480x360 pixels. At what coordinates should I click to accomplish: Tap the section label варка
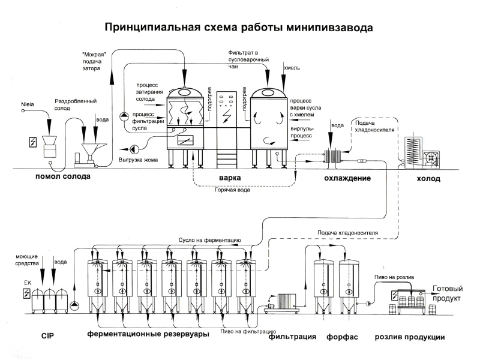click(230, 178)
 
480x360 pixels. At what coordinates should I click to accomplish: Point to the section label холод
click(429, 178)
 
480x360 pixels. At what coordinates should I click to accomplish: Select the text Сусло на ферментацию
click(210, 240)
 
